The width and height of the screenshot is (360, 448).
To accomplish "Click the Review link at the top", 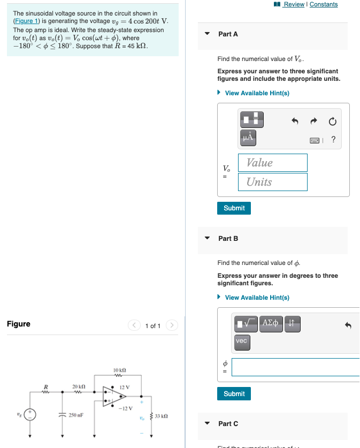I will click(x=294, y=4).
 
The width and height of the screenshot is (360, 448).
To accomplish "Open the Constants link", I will click(x=324, y=4).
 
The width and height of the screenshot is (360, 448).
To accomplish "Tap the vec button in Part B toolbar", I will click(x=242, y=341).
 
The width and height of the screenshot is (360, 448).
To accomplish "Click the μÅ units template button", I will click(x=248, y=138).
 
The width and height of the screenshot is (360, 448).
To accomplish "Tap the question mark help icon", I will click(x=333, y=140).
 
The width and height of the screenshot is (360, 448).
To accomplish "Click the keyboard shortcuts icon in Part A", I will click(x=316, y=140).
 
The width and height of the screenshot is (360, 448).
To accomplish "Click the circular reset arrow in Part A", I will click(x=332, y=122).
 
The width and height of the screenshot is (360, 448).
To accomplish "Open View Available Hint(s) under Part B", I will click(x=257, y=298).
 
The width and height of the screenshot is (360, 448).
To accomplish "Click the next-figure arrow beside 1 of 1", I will click(x=171, y=325).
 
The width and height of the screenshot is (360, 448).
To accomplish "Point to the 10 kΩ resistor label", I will click(x=120, y=370).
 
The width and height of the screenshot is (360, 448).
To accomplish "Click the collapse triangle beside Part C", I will click(x=208, y=423).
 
